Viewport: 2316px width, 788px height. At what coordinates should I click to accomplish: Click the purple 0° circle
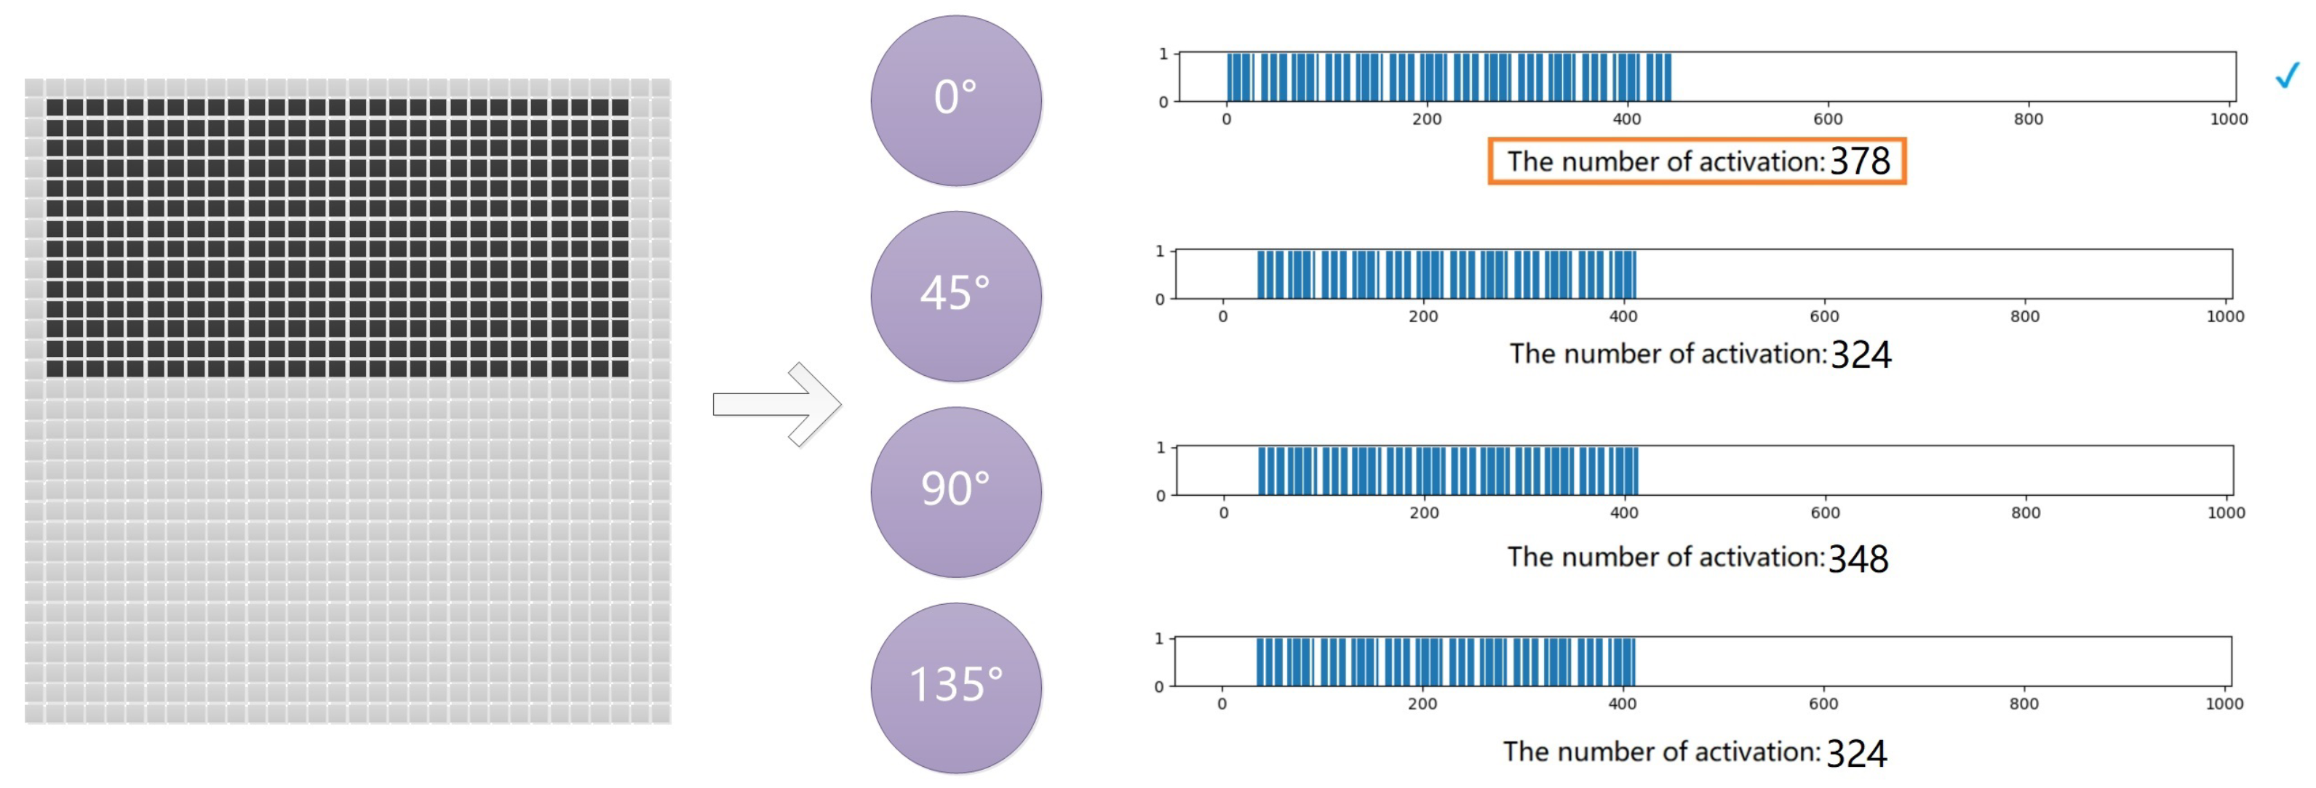pyautogui.click(x=955, y=100)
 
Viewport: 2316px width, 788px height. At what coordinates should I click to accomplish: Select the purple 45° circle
pyautogui.click(x=955, y=296)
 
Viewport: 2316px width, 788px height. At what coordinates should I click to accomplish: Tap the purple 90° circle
pyautogui.click(x=955, y=491)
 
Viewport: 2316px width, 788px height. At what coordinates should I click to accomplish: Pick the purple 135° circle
pyautogui.click(x=955, y=688)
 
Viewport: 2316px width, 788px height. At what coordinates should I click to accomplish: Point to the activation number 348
pyautogui.click(x=1858, y=559)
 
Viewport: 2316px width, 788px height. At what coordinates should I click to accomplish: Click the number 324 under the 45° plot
pyautogui.click(x=1861, y=355)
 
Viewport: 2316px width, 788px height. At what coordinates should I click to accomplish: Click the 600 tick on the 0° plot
pyautogui.click(x=1827, y=119)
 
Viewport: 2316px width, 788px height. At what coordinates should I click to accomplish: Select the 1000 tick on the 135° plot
pyautogui.click(x=2224, y=704)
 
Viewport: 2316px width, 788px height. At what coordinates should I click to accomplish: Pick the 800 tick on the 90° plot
pyautogui.click(x=2026, y=513)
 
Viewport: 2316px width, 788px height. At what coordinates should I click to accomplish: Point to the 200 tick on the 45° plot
pyautogui.click(x=1423, y=316)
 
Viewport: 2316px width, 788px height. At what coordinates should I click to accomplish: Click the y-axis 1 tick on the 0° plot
pyautogui.click(x=1163, y=55)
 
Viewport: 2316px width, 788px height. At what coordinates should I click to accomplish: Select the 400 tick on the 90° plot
pyautogui.click(x=1624, y=513)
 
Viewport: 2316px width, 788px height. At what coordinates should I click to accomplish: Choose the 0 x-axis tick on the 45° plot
pyautogui.click(x=1222, y=316)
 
